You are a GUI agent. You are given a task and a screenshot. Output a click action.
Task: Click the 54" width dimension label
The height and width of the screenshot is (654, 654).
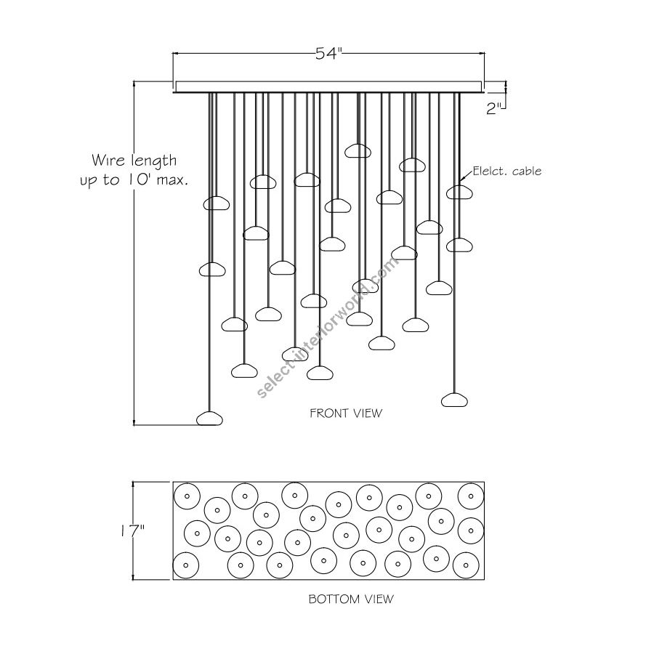328,54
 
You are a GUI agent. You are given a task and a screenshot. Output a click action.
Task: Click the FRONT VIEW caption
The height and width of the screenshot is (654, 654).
346,413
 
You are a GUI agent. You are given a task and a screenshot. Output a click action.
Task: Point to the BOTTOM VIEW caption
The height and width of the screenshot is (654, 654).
351,599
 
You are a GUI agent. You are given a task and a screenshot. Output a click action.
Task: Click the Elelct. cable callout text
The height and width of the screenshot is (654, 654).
507,171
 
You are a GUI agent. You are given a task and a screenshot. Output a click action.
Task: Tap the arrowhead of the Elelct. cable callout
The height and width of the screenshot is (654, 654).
463,179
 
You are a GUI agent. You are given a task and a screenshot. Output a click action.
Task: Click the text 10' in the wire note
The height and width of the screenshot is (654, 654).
144,179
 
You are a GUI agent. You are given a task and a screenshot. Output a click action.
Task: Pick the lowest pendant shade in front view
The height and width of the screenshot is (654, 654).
211,418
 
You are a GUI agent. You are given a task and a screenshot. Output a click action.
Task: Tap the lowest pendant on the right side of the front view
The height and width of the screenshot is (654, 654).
455,399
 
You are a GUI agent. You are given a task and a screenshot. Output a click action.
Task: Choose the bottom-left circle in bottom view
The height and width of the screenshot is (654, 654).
186,564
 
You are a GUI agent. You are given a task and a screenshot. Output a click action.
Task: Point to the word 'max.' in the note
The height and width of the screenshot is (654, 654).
171,179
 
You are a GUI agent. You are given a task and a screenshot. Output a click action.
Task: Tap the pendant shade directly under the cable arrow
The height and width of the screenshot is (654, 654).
459,192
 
